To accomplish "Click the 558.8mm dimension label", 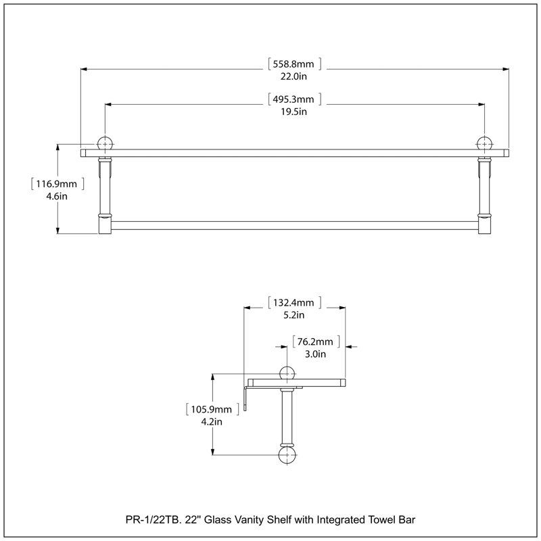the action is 293,64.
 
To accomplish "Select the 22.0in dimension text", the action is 293,76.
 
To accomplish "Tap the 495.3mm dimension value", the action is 293,99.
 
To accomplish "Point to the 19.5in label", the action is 293,112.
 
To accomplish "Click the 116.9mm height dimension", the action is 57,184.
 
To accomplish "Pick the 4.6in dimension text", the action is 57,196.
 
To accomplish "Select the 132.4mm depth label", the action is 293,302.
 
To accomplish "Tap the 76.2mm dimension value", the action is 315,342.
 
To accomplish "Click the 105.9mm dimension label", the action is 212,410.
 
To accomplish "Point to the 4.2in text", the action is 212,421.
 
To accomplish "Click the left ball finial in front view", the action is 105,143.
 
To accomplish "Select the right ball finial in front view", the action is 484,143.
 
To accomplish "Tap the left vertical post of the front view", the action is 105,195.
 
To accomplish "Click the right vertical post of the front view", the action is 484,195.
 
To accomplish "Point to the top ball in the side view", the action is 287,374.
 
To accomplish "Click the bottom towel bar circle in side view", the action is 287,455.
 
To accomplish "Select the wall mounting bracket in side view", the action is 245,397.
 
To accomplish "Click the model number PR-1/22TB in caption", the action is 154,519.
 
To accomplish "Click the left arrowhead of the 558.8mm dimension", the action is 84,70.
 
